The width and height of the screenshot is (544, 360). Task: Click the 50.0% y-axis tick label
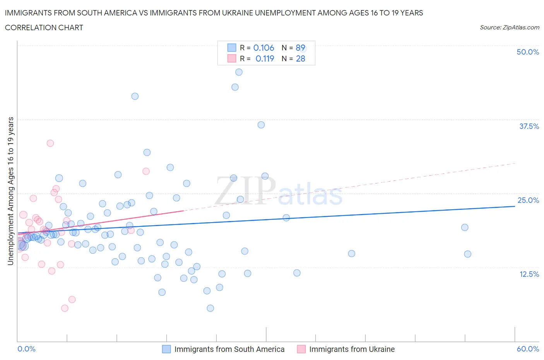click(528, 52)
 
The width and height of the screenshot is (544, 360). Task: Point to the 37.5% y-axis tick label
click(529, 126)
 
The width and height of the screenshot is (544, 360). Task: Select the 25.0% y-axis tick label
click(528, 200)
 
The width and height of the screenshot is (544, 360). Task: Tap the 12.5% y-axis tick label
click(529, 274)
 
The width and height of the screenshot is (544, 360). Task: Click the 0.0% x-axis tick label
click(26, 349)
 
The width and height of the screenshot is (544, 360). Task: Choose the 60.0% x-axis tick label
click(528, 349)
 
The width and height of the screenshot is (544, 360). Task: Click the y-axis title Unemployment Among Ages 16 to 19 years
click(10, 191)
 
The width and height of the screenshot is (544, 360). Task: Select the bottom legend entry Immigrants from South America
click(229, 349)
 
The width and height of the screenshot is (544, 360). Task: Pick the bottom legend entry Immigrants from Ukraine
click(352, 349)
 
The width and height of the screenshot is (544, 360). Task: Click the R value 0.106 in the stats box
click(263, 48)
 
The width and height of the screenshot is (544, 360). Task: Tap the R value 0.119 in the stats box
click(265, 58)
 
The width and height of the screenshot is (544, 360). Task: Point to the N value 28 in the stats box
click(300, 58)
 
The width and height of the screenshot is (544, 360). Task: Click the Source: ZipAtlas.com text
click(509, 27)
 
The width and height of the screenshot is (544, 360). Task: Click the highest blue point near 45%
click(239, 72)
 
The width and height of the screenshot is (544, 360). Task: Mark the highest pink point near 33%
click(50, 143)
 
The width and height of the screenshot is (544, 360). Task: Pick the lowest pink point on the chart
click(65, 308)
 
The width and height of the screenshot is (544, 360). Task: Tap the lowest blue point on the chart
click(210, 308)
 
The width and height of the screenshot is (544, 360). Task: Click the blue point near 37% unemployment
click(261, 125)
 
